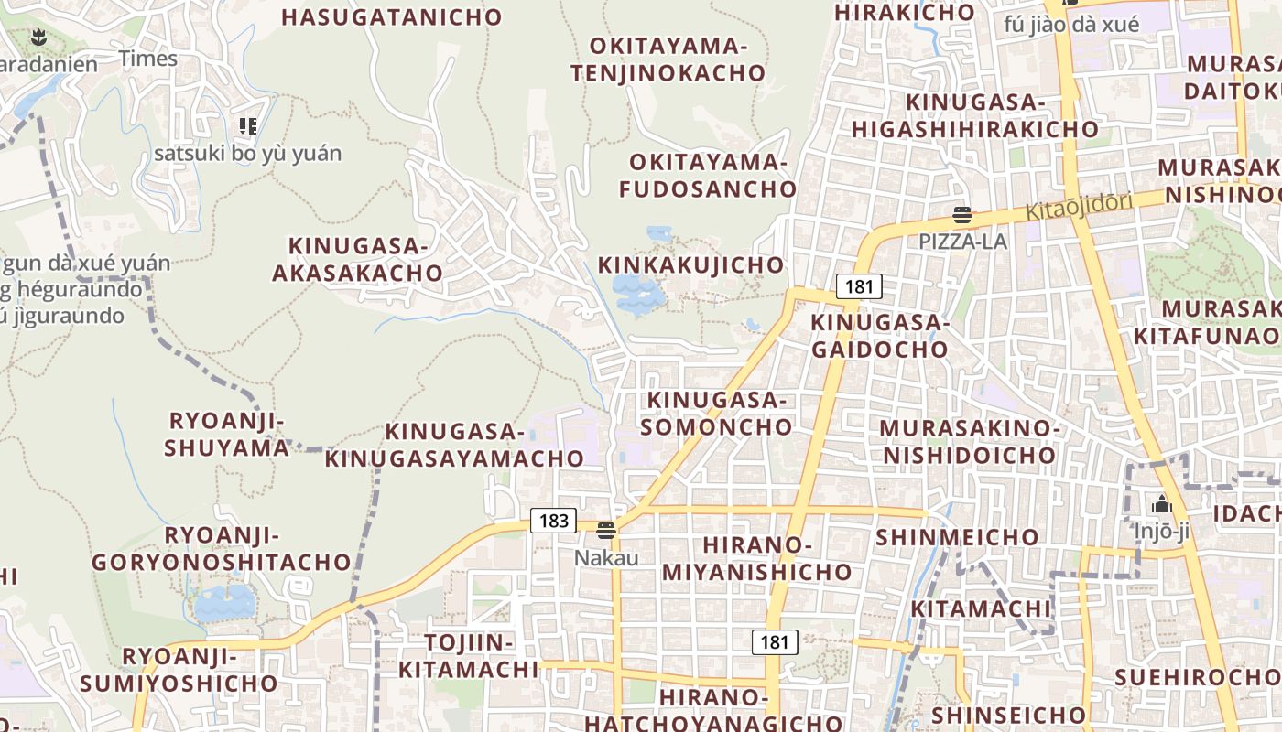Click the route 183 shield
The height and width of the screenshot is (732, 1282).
[x=554, y=522]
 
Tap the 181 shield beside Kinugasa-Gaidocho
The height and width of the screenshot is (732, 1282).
[x=859, y=286]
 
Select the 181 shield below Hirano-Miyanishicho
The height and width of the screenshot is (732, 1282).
[x=774, y=642]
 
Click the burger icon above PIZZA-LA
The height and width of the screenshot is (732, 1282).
[x=962, y=216]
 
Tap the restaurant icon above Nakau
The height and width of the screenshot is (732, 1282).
[x=605, y=530]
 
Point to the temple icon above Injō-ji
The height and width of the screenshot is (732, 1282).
[x=1162, y=504]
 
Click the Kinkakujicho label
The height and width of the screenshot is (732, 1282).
[x=691, y=265]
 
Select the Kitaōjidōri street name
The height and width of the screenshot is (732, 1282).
[x=1079, y=206]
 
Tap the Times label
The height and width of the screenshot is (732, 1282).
[x=148, y=59]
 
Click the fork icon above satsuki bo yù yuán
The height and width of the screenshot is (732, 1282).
[x=247, y=125]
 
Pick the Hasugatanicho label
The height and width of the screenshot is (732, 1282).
[x=392, y=17]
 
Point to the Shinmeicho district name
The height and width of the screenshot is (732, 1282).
[x=958, y=537]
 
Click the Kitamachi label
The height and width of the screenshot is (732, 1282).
[x=981, y=609]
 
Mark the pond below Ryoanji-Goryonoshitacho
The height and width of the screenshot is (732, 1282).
[x=224, y=603]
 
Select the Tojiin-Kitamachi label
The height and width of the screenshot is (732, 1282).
[x=468, y=656]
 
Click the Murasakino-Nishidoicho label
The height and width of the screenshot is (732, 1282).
[x=969, y=441]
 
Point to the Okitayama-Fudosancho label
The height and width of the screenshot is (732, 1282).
[x=708, y=176]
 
